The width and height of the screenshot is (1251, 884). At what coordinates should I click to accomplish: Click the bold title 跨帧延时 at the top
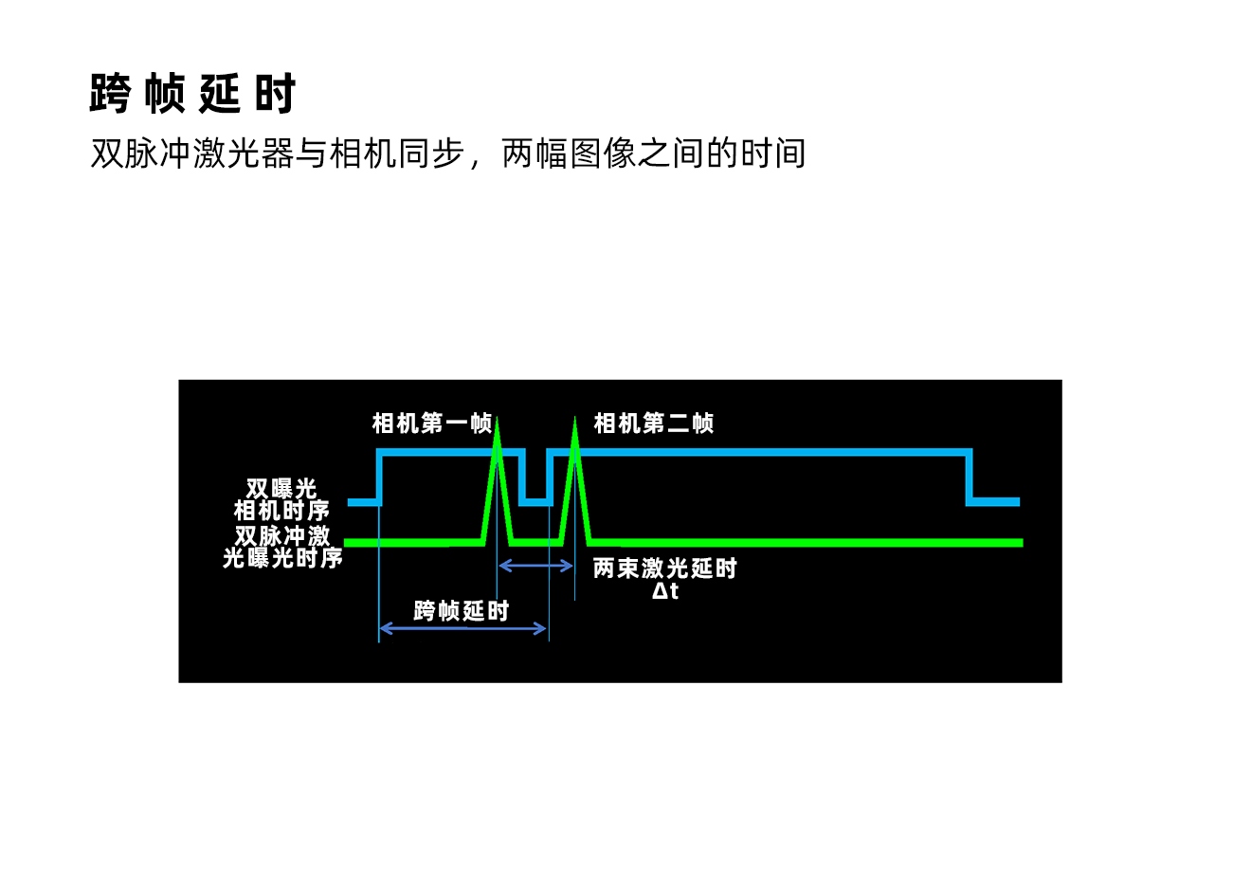pos(192,93)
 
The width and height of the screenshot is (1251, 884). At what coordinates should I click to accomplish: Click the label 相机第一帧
pos(432,424)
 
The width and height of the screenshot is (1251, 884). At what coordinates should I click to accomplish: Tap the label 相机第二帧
pos(653,424)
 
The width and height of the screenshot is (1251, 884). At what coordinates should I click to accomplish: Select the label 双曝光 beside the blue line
pos(281,489)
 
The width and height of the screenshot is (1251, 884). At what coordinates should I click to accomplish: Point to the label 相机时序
pos(281,511)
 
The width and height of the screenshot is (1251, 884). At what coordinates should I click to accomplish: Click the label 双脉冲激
pos(282,535)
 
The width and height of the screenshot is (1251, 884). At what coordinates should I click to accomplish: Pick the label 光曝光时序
pos(282,557)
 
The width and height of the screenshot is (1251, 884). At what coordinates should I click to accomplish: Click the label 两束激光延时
pos(664,568)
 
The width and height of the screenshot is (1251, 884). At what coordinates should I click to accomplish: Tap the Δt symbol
pos(665,591)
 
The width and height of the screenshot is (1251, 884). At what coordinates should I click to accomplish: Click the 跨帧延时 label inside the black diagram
pos(462,611)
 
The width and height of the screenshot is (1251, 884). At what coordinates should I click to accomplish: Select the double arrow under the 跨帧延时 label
pos(463,629)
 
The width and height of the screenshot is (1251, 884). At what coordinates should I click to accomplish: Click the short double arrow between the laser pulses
pos(535,567)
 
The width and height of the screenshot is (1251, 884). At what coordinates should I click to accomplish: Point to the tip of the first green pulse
pos(497,418)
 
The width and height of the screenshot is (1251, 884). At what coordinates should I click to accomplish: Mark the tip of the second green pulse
pos(575,418)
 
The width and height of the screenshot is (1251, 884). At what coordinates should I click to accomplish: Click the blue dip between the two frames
pos(535,502)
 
